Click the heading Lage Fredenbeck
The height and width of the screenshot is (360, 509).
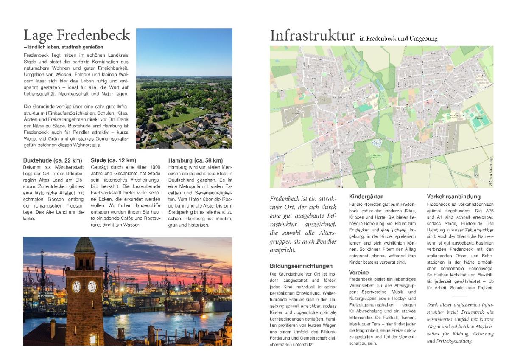[76, 35]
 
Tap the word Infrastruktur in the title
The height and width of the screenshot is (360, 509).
[312, 36]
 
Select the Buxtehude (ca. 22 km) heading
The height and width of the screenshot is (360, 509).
[52, 160]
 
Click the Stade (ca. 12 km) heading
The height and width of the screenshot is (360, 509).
[113, 160]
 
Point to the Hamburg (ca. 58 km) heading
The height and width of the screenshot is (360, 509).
[195, 160]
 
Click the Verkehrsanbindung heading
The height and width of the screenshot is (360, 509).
[453, 197]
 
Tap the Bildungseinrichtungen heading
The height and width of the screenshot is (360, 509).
[301, 266]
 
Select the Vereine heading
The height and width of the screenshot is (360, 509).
[359, 272]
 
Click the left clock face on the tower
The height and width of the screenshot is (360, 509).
[76, 287]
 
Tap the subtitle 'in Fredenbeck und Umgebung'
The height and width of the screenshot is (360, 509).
[398, 39]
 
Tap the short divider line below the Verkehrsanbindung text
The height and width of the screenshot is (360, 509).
[460, 296]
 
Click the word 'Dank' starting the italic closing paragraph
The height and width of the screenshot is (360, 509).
[433, 305]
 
